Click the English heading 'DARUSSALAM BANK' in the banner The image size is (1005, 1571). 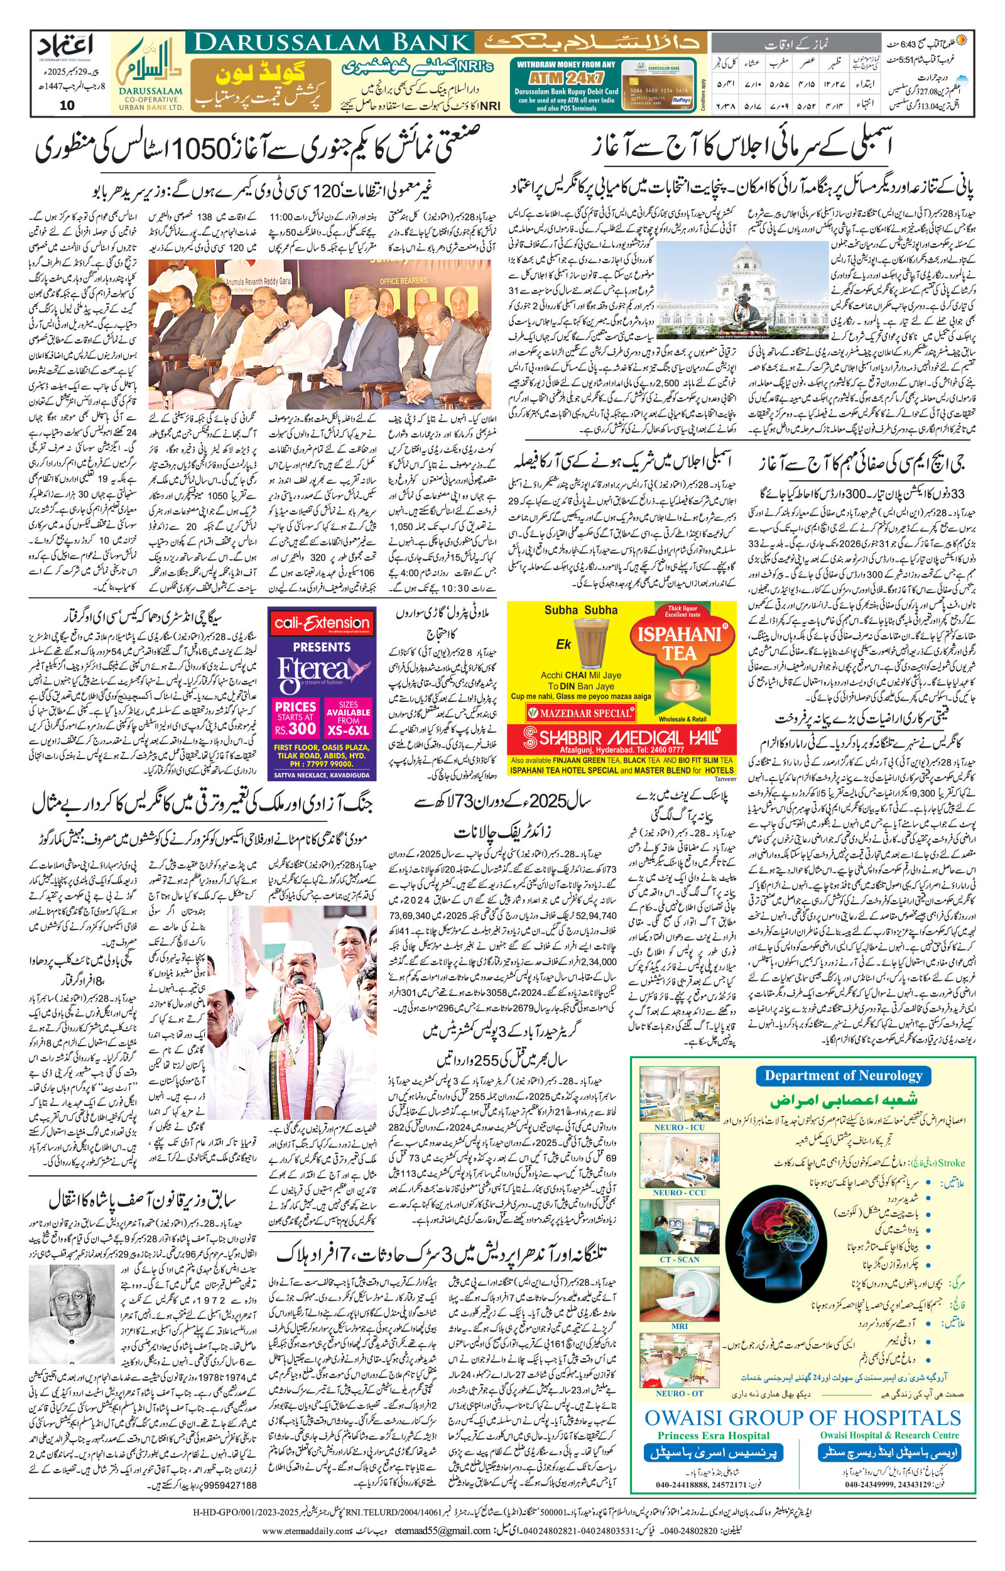[332, 43]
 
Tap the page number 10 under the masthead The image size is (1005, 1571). [67, 106]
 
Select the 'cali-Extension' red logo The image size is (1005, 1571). [322, 623]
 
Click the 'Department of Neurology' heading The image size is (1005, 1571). [842, 1076]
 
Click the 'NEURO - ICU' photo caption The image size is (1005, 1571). [680, 1127]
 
